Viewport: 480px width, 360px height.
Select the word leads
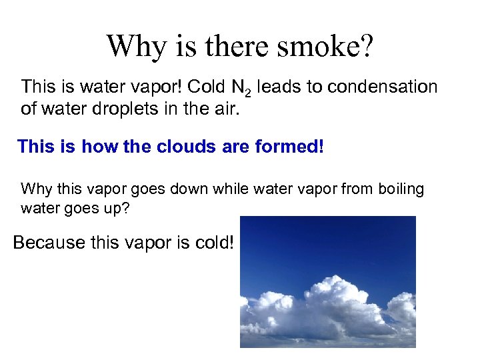coord(276,87)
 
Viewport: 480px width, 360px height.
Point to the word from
coord(357,189)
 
